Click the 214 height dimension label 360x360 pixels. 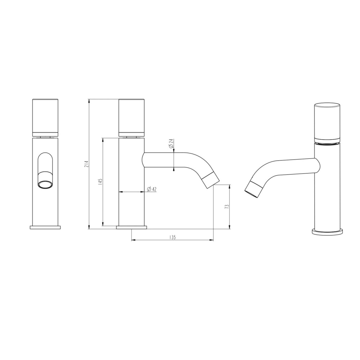(86, 164)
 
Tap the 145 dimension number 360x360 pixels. (100, 181)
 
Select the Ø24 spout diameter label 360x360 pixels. (171, 144)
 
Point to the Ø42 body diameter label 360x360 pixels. (152, 189)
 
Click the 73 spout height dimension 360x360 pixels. (226, 206)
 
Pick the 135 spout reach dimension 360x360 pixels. (172, 237)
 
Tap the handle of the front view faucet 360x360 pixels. (45, 118)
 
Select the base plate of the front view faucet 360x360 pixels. (45, 227)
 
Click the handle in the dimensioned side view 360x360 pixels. (131, 118)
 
